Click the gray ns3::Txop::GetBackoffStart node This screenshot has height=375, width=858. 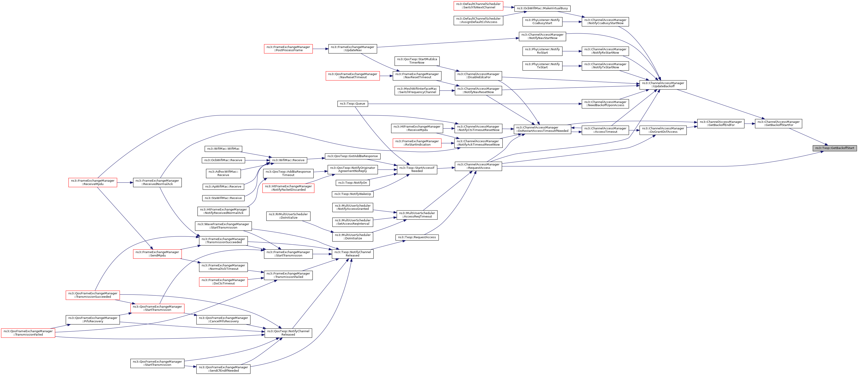(834, 148)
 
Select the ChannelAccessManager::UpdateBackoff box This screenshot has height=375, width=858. (663, 85)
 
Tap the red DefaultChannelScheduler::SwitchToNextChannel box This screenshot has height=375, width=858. (478, 6)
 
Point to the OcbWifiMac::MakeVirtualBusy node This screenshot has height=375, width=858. (542, 8)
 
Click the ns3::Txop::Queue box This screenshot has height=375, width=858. (352, 104)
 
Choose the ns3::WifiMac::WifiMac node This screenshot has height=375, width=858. (223, 149)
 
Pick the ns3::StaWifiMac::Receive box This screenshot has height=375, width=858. (223, 198)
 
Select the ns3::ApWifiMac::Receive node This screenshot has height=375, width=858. (223, 187)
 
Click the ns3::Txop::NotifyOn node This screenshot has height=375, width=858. (352, 183)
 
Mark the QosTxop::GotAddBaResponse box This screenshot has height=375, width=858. (352, 156)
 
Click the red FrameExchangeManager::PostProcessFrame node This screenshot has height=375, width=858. (288, 49)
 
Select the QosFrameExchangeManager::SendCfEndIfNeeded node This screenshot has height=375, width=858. (223, 369)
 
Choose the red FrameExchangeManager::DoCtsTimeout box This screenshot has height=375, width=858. (223, 282)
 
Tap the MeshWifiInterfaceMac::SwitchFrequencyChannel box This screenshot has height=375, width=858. (417, 91)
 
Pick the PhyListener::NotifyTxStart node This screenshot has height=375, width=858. (542, 66)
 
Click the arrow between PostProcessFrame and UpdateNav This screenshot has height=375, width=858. (321, 49)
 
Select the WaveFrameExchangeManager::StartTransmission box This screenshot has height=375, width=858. (223, 226)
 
